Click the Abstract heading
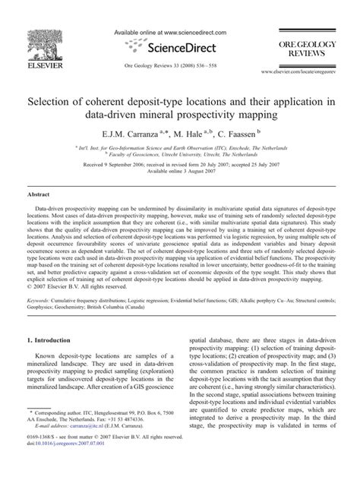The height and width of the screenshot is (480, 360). pyautogui.click(x=39, y=194)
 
